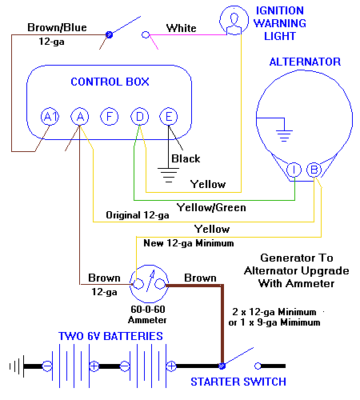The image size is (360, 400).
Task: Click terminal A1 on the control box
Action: pos(50,118)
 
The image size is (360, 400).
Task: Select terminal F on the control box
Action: pos(110,118)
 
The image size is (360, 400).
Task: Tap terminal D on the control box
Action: pos(139,118)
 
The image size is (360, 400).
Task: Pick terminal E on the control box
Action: pos(168,118)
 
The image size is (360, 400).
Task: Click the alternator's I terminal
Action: pos(294,169)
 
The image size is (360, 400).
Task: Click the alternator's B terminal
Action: pos(314,169)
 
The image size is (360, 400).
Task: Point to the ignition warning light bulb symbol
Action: pos(234,18)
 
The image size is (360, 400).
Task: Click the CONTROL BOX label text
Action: pos(110,82)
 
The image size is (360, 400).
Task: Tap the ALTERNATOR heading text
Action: pos(305,62)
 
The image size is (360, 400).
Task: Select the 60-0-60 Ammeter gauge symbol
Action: pos(150,282)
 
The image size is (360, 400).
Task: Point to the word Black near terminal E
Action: pos(186,158)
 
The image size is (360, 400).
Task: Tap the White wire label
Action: pos(181,28)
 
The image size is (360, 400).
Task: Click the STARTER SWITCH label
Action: pos(238,382)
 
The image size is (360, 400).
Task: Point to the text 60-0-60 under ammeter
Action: pos(150,307)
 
